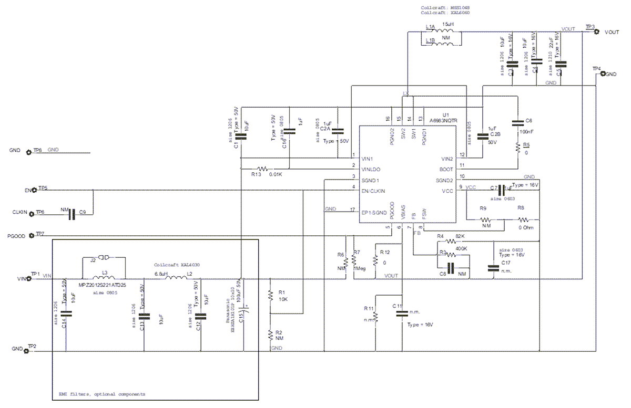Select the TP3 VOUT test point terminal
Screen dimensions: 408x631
[596, 32]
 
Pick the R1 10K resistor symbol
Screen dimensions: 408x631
[270, 295]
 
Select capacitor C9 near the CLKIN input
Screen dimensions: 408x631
[74, 213]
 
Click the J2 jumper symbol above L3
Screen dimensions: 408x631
[104, 258]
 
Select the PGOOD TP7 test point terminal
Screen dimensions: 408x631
[33, 235]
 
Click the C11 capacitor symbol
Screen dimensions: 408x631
[401, 312]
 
